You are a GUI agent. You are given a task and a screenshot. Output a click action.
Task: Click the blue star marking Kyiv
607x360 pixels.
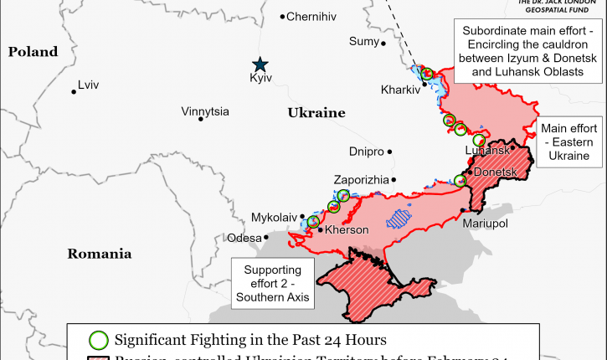[x=261, y=64]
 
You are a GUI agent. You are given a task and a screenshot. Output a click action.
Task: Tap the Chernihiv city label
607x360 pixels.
[x=311, y=17]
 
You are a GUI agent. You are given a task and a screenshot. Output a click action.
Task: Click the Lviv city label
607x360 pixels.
[x=87, y=85]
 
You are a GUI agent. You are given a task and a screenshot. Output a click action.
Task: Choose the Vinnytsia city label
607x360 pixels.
[x=206, y=111]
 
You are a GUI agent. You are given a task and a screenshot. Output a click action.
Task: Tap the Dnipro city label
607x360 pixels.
[x=366, y=152]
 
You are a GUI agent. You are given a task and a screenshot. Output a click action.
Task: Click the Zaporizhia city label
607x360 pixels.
[x=361, y=180]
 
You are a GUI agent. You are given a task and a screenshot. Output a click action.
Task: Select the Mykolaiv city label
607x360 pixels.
[x=275, y=218]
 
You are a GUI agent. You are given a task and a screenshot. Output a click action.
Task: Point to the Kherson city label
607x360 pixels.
[x=347, y=229]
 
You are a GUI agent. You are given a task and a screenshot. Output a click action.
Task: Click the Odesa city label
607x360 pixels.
[x=244, y=238]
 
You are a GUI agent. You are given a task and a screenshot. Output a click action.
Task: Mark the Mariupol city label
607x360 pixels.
[x=486, y=224]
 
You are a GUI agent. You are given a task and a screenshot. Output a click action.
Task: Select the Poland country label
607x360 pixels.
[x=33, y=52]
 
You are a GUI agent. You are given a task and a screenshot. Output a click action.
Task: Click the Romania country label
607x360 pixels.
[x=100, y=253]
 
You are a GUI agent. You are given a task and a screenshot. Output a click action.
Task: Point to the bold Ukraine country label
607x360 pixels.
[x=316, y=112]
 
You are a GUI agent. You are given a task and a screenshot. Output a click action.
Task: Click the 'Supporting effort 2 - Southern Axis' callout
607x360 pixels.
[x=272, y=283]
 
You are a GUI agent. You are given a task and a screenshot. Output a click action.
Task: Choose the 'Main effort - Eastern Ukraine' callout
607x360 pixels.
[x=569, y=142]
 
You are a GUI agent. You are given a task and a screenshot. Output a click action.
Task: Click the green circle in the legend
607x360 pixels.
[x=99, y=340]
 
